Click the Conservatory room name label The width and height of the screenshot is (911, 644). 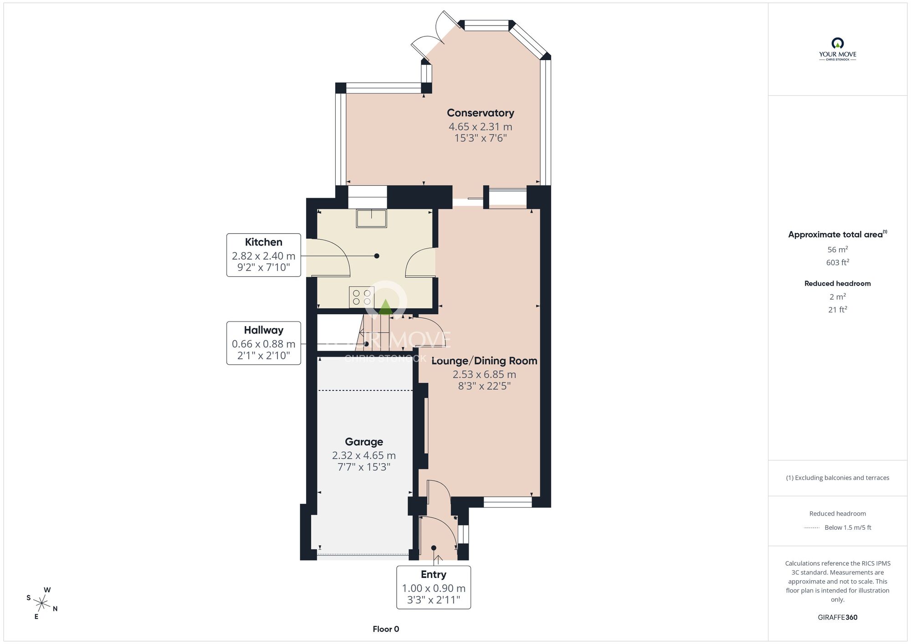[480, 113]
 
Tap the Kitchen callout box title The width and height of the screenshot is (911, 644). [264, 242]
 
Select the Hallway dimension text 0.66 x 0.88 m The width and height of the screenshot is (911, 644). [264, 344]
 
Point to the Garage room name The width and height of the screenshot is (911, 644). [364, 442]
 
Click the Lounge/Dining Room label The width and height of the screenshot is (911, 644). [484, 361]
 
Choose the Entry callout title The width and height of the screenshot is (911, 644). [434, 574]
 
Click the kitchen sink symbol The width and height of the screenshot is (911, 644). [371, 218]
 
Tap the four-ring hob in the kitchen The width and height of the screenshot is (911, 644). [362, 297]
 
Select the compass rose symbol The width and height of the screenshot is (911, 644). [42, 604]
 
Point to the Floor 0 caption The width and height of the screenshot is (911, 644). [386, 629]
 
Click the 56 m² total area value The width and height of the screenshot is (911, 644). [838, 250]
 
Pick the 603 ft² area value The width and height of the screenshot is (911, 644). [838, 262]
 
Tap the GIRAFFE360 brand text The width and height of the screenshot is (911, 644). [838, 618]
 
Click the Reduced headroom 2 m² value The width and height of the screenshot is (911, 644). [838, 297]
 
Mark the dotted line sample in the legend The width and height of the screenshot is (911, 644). [812, 528]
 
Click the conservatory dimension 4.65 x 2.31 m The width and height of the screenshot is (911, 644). [480, 127]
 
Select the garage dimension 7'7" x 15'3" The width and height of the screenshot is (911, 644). [364, 467]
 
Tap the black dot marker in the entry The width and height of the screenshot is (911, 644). [434, 548]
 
